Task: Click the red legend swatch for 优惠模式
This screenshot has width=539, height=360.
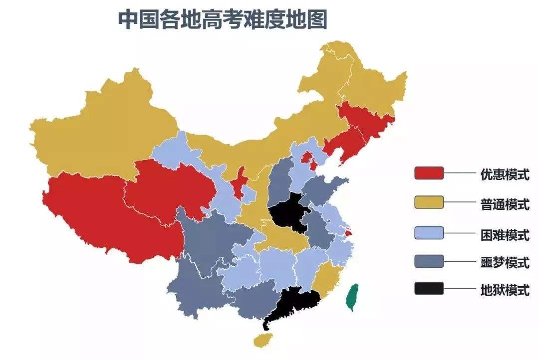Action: [429, 173]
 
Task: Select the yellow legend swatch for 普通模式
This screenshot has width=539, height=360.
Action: [429, 202]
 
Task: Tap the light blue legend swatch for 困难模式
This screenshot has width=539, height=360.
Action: [429, 232]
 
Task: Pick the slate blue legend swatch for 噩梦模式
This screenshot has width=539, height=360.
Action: [429, 261]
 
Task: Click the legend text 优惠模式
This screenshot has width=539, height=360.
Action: [505, 175]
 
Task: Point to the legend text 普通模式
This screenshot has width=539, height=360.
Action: [505, 204]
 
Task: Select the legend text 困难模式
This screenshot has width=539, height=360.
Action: [505, 234]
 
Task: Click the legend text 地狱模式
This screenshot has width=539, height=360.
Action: [505, 290]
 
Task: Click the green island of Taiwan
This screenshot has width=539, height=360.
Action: [353, 297]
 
